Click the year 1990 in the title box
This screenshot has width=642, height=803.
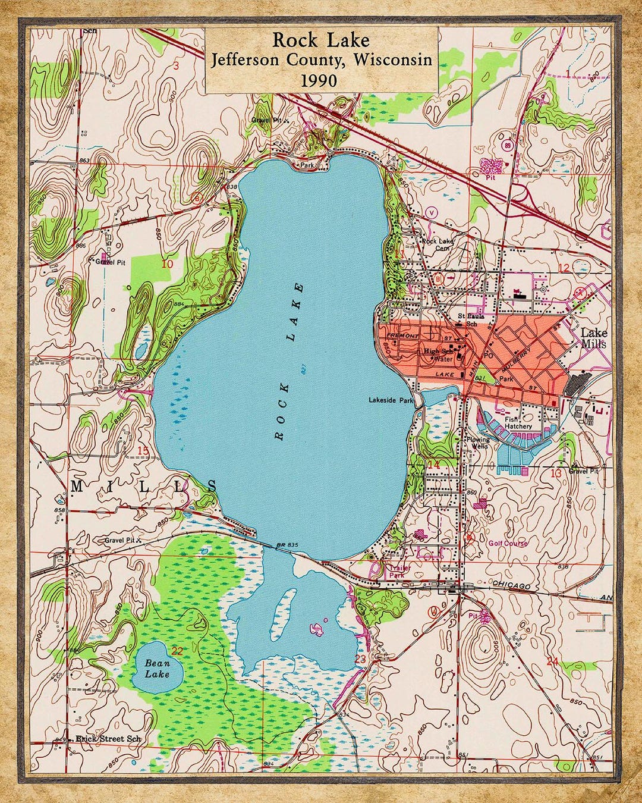point(321,80)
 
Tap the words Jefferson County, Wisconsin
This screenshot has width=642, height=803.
point(321,59)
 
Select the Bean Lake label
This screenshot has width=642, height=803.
point(157,669)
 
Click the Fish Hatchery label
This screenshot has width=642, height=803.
point(518,422)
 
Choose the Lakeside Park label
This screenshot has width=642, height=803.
point(391,400)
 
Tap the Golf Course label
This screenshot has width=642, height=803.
point(508,543)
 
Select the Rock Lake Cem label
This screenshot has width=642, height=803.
point(438,244)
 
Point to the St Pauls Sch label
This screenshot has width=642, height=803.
point(467,320)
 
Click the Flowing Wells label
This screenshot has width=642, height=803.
point(479,443)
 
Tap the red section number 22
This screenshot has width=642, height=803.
point(177,650)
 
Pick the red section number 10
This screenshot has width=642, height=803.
point(168,264)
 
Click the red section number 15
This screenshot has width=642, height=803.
point(143,450)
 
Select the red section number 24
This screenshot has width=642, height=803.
point(552,661)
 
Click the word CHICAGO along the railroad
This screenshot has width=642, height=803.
point(511,586)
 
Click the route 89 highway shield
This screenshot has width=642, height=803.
point(507,145)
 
